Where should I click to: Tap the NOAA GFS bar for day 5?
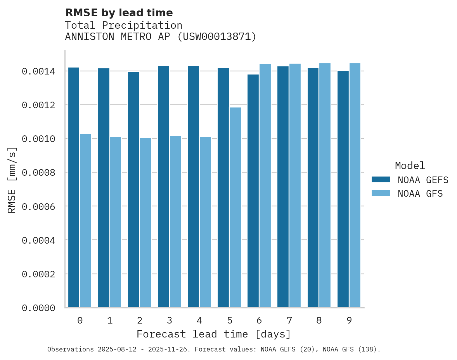pyautogui.click(x=235, y=207)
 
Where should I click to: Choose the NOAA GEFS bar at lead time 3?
pyautogui.click(x=163, y=187)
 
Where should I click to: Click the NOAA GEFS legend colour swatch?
pyautogui.click(x=381, y=180)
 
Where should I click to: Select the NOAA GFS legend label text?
pyautogui.click(x=420, y=194)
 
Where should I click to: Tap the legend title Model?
pyautogui.click(x=410, y=166)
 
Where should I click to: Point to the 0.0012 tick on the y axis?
pyautogui.click(x=38, y=105)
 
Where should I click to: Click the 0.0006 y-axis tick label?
pyautogui.click(x=38, y=206)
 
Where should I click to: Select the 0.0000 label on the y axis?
pyautogui.click(x=38, y=308)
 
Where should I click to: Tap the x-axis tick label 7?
pyautogui.click(x=289, y=320)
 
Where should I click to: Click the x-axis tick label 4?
pyautogui.click(x=199, y=320)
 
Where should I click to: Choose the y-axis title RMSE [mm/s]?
pyautogui.click(x=12, y=180)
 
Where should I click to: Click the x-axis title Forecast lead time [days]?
pyautogui.click(x=214, y=334)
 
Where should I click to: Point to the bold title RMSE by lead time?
pyautogui.click(x=119, y=13)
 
